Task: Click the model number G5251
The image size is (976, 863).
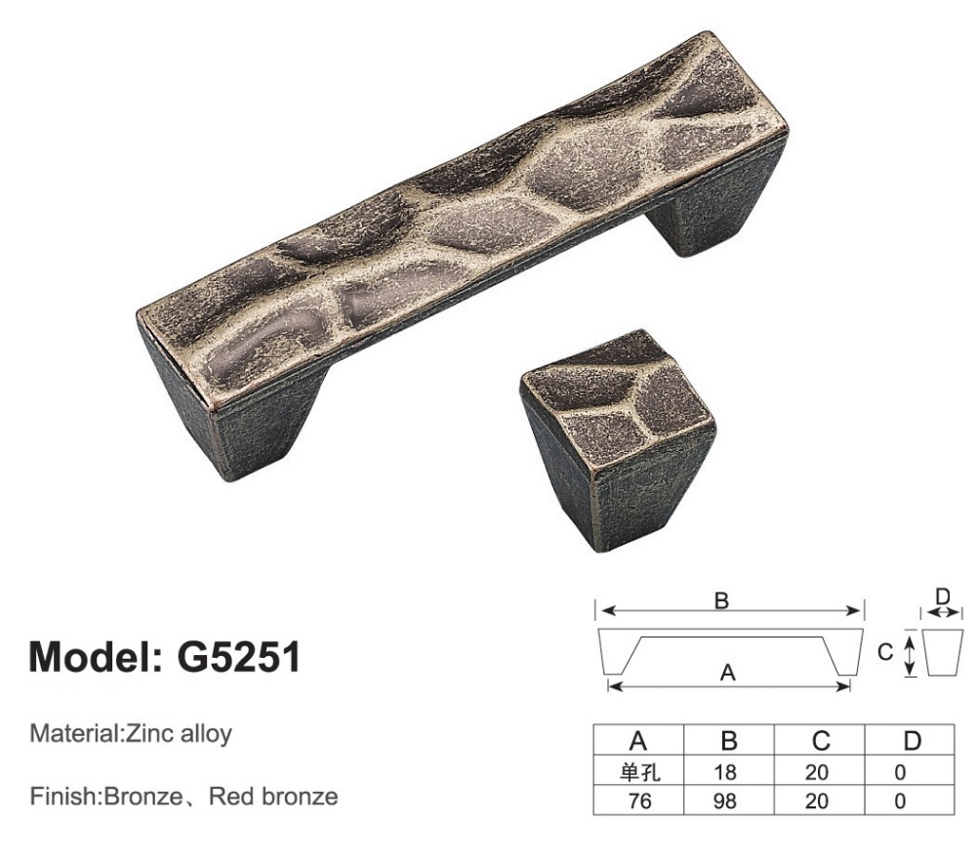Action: [238, 658]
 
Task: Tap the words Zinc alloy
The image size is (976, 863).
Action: [179, 733]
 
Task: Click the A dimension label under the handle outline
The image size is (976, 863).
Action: [727, 672]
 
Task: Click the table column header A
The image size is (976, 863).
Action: [639, 741]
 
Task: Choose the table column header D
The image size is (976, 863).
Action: [911, 741]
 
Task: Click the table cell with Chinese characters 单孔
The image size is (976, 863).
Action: [639, 773]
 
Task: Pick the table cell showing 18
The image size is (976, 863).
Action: [727, 773]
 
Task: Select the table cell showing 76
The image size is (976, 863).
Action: [639, 801]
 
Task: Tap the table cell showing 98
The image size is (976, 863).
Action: [727, 801]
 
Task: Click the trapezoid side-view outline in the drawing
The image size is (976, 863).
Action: [943, 652]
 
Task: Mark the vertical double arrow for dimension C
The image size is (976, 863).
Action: [909, 653]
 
